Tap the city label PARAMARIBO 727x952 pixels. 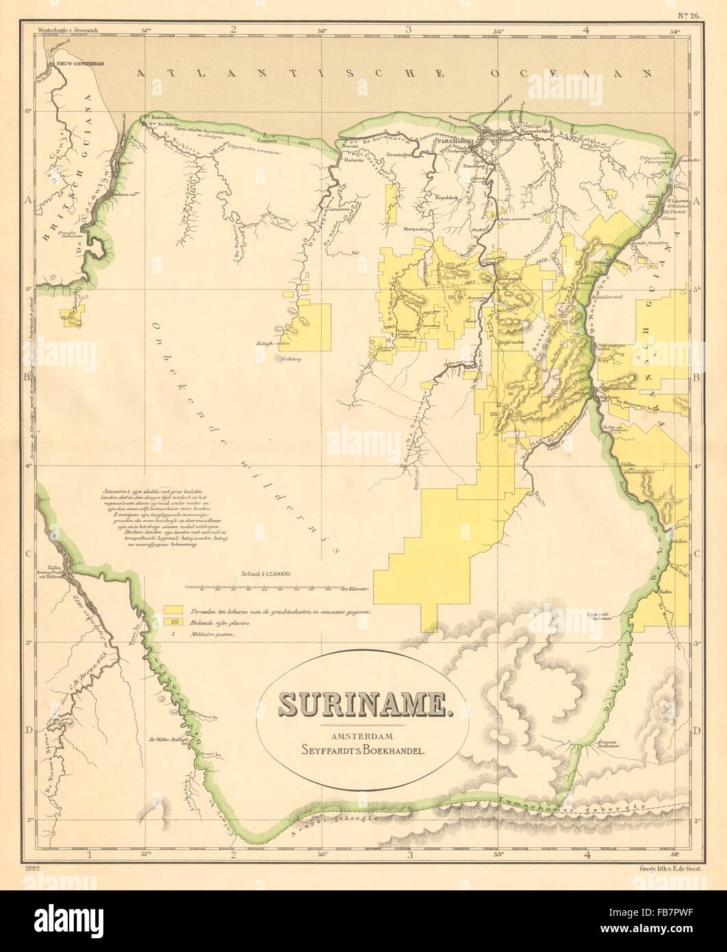click(459, 131)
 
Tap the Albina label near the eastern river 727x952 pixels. click(651, 196)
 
